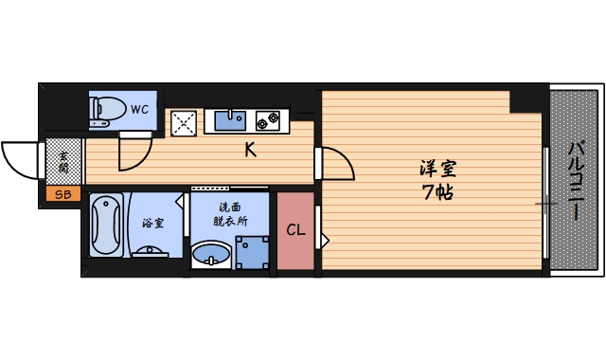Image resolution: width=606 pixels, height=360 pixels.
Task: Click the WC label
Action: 139,109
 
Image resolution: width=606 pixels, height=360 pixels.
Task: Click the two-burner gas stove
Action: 267,120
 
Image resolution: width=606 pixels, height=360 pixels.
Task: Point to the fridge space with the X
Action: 184,122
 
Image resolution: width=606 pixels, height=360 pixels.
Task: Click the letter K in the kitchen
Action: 250,149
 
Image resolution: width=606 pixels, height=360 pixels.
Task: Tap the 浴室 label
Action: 152,224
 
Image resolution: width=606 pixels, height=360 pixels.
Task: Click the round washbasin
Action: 211,255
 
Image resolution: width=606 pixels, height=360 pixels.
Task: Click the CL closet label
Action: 295,230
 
